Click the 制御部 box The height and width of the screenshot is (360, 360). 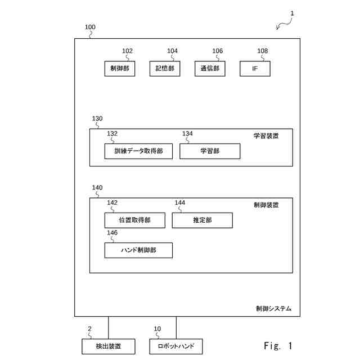coord(119,69)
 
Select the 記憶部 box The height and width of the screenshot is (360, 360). coord(164,69)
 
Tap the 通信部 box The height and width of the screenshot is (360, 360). coord(210,69)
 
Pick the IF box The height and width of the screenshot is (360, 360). coord(255,69)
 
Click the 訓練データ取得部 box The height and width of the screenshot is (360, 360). coord(138,151)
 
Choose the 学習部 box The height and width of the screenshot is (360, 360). coord(210,151)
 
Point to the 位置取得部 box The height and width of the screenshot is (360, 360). coord(135,220)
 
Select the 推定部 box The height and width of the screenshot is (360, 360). coord(202,220)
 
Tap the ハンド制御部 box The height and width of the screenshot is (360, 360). coord(138,250)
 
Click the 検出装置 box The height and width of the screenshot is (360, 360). coord(109,346)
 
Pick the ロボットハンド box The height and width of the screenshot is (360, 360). coord(176,346)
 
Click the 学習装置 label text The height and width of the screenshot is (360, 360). coord(265,136)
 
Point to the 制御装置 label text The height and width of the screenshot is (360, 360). coord(265,205)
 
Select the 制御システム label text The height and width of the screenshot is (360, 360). coord(273,309)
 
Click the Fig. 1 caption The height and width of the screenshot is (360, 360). coord(278,345)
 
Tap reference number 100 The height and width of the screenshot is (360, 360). coord(90,27)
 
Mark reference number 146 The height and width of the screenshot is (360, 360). coord(112,232)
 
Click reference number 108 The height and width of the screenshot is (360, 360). coord(263,51)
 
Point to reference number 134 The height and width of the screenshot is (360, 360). coord(187,134)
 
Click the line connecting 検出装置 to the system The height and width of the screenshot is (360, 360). coord(109,327)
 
